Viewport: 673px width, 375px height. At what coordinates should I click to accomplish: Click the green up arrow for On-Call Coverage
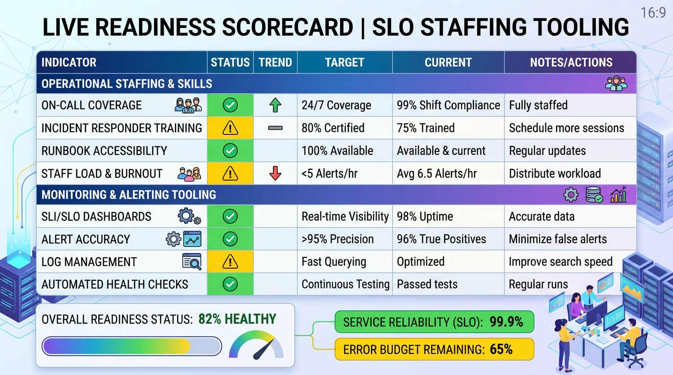pos(275,105)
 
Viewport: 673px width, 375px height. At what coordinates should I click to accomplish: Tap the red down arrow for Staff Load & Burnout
pos(275,173)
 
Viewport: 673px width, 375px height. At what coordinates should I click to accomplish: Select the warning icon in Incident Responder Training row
pos(230,128)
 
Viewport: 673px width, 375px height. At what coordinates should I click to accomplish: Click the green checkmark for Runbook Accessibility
pos(230,151)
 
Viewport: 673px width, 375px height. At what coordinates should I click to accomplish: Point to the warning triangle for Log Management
pos(230,262)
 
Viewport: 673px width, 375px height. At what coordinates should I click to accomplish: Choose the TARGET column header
pos(344,62)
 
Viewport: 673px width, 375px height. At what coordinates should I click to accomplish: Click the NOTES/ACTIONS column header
pos(571,62)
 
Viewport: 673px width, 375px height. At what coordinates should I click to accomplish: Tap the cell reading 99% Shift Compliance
pos(448,105)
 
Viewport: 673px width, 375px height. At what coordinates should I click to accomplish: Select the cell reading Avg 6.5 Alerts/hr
pos(437,173)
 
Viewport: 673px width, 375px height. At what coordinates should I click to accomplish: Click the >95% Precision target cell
pos(337,239)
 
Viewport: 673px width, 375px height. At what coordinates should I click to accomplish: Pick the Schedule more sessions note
pos(566,128)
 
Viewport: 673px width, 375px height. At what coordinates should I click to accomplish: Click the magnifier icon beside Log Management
pos(191,262)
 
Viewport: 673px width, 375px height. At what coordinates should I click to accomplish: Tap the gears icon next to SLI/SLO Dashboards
pos(189,216)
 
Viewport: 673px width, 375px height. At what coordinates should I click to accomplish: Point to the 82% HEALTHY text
pos(237,319)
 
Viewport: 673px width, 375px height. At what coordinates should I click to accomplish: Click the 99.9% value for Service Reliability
pos(506,322)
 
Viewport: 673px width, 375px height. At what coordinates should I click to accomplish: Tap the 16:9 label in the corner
pos(653,13)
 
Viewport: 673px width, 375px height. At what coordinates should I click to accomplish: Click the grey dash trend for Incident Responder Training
pos(275,128)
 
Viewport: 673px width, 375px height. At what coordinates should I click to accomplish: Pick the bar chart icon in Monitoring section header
pos(618,196)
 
